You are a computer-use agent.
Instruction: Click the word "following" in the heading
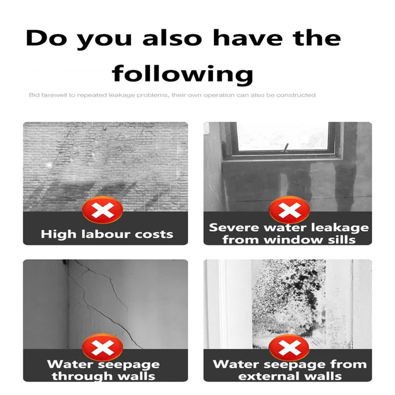pyautogui.click(x=182, y=74)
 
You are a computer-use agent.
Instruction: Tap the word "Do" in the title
pyautogui.click(x=46, y=39)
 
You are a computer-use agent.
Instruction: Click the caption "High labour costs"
pyautogui.click(x=107, y=234)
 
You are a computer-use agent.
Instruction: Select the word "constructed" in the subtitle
pyautogui.click(x=297, y=95)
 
